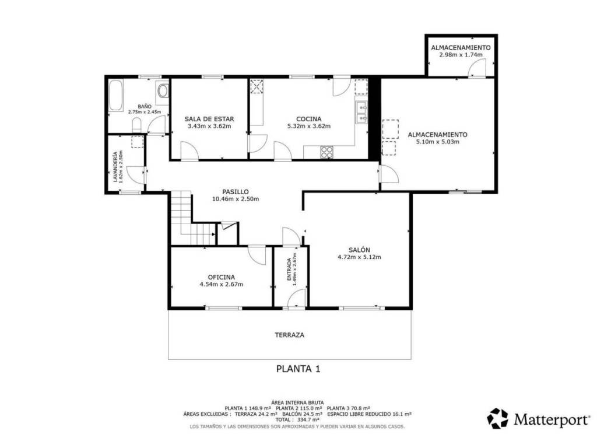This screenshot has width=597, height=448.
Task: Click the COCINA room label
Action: pos(309,119)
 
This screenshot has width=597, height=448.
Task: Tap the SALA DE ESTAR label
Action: pos(209,119)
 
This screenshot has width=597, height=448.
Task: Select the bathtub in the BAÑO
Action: pos(115,95)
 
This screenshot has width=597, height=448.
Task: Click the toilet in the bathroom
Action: pos(136,125)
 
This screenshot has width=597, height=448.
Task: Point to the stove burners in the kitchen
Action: pos(326,152)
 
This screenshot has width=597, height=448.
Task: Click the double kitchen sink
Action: pos(361,113)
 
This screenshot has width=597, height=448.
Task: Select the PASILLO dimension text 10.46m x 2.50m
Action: pos(236,199)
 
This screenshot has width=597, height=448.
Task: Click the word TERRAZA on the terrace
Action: pos(289,335)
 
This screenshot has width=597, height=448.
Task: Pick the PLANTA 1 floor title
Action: pos(298,369)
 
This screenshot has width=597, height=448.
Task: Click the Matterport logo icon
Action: pos(498,418)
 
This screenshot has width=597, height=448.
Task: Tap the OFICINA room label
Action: pos(221,277)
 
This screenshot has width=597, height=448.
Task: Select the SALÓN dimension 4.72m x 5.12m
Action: pos(359,257)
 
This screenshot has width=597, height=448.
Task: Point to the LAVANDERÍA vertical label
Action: pos(115,167)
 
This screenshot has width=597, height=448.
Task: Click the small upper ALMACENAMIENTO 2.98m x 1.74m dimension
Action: pos(461,54)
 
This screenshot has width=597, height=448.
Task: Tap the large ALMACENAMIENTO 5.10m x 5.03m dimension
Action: pos(437,142)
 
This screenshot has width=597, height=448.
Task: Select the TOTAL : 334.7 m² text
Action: pos(297,420)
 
